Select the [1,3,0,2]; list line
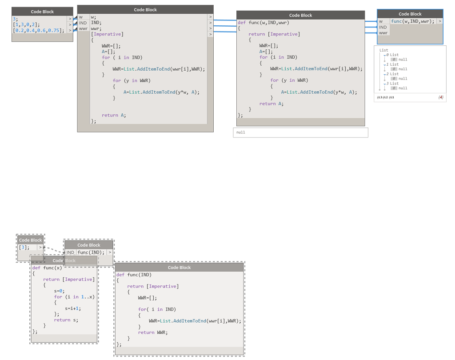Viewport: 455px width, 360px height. (26, 25)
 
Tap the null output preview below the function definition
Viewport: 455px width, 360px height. (300, 132)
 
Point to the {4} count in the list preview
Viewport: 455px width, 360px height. (440, 97)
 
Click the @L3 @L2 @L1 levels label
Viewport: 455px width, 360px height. (385, 97)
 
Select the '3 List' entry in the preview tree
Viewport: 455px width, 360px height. (394, 84)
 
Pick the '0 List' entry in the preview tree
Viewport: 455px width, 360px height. (394, 55)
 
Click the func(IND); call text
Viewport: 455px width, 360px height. (91, 252)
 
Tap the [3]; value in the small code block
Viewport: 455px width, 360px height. (24, 247)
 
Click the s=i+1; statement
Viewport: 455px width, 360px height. (73, 308)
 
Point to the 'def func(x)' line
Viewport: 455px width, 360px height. (47, 268)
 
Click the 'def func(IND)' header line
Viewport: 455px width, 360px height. (134, 275)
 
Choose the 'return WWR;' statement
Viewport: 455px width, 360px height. (152, 332)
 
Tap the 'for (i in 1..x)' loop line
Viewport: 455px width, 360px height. (74, 296)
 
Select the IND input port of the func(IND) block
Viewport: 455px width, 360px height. (70, 252)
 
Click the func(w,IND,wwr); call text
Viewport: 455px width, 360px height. (412, 21)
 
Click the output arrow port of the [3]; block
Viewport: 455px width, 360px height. (40, 247)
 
